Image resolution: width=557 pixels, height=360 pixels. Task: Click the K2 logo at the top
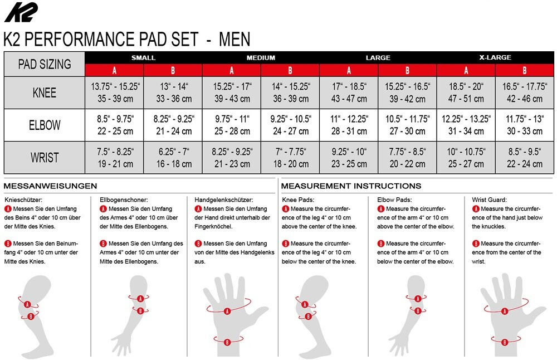pyautogui.click(x=21, y=12)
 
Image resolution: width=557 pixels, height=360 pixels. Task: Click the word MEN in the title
pyautogui.click(x=234, y=39)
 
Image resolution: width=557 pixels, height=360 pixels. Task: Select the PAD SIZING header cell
pyautogui.click(x=45, y=64)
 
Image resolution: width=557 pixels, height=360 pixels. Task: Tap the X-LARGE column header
pyautogui.click(x=495, y=57)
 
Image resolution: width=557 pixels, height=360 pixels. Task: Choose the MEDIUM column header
pyautogui.click(x=261, y=57)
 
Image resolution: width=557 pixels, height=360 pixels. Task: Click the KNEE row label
pyautogui.click(x=45, y=93)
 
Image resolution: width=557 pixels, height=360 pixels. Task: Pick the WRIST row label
pyautogui.click(x=45, y=158)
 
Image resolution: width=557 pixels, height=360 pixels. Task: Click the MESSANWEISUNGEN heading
pyautogui.click(x=50, y=186)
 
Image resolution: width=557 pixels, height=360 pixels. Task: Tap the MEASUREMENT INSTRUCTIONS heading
pyautogui.click(x=351, y=186)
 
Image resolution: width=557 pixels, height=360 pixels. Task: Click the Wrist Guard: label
pyautogui.click(x=489, y=200)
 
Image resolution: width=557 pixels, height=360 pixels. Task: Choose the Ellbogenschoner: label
pyautogui.click(x=124, y=200)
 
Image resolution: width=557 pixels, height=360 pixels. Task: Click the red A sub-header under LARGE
pyautogui.click(x=349, y=70)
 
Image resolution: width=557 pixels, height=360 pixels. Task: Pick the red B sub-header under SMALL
pyautogui.click(x=173, y=70)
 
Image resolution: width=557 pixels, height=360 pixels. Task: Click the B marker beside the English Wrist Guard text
pyautogui.click(x=476, y=244)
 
